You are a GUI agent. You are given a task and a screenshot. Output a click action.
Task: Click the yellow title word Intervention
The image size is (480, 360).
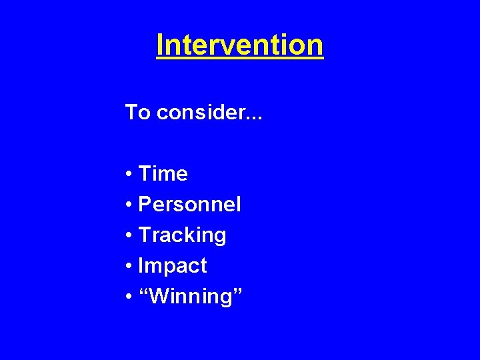pos(240,45)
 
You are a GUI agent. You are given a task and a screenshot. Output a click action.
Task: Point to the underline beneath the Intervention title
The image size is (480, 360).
pos(240,60)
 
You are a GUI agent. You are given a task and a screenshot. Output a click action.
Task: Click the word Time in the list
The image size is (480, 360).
pos(163,174)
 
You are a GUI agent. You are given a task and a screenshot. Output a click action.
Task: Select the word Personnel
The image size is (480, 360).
pos(189,205)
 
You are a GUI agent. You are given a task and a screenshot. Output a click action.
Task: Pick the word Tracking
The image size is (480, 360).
pos(182,235)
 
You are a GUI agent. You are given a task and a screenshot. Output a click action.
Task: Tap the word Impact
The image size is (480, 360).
pos(172,266)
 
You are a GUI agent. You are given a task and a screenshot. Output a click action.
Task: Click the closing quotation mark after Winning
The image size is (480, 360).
pos(237,290)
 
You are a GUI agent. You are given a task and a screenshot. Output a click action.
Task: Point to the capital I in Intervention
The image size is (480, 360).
pos(160,45)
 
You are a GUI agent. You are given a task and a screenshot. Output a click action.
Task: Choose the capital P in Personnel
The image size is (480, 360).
pos(145,205)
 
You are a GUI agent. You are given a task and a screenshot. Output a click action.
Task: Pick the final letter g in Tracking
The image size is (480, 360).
pos(219,237)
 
